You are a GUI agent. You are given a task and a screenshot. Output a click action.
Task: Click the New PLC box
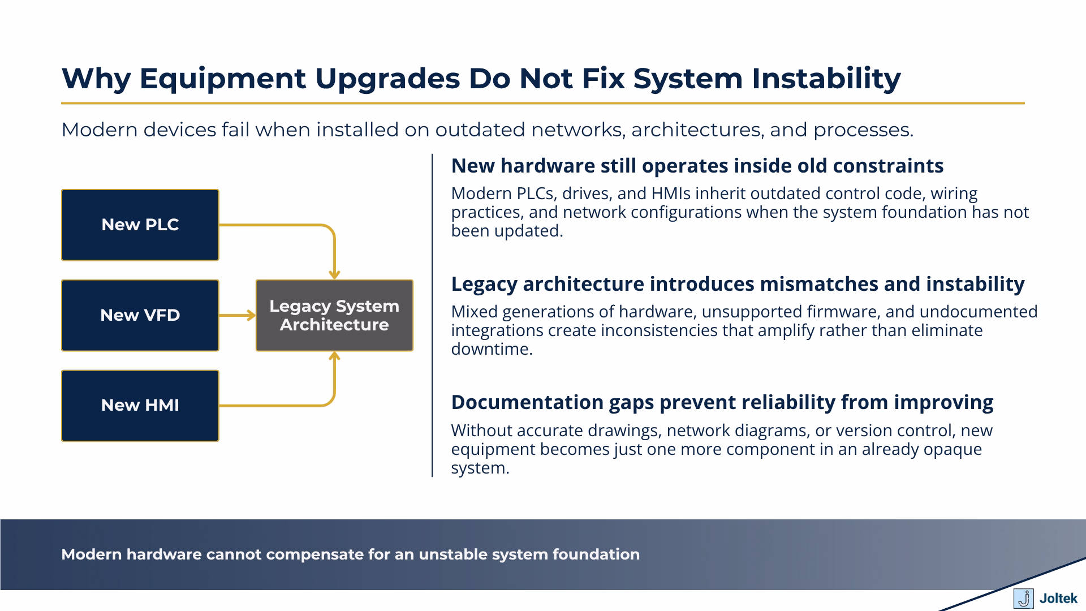click(x=140, y=225)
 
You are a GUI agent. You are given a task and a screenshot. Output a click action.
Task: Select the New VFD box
click(x=140, y=315)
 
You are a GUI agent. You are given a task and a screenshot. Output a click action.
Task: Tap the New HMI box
click(x=140, y=406)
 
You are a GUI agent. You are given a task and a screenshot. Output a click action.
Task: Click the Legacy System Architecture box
click(x=334, y=315)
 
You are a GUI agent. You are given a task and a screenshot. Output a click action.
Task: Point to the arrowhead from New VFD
click(x=251, y=315)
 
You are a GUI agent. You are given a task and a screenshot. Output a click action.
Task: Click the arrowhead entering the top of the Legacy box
click(x=334, y=275)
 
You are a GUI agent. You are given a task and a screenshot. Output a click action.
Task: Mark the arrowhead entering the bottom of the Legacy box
click(x=334, y=356)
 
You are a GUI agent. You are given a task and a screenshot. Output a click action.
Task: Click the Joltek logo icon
click(x=1023, y=599)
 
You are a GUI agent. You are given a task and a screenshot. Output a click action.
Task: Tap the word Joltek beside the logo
click(x=1058, y=599)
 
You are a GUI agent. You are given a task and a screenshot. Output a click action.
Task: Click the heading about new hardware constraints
click(x=697, y=166)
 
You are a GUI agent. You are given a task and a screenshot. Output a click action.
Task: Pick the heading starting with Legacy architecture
click(x=737, y=284)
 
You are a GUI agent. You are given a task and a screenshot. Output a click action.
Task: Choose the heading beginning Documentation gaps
click(x=722, y=402)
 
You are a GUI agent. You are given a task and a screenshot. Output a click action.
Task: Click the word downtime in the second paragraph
click(x=490, y=349)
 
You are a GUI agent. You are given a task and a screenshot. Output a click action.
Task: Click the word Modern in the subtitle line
click(x=99, y=130)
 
